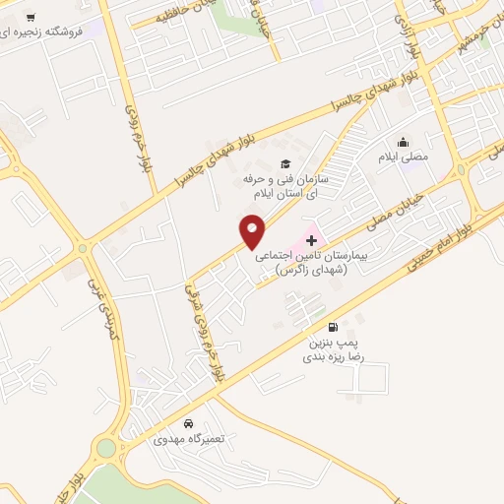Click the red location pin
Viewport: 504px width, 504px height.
[x=253, y=232]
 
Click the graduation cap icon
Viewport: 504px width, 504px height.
[x=285, y=164]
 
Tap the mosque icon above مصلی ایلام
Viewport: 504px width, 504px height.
[x=403, y=142]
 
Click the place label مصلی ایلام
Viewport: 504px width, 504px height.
[x=403, y=157]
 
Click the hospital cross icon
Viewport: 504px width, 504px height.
[x=312, y=238]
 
